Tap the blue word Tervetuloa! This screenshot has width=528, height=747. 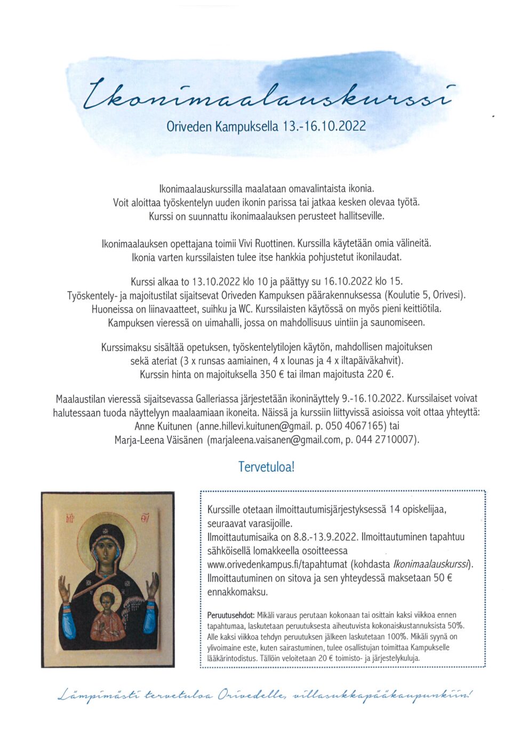pyautogui.click(x=266, y=467)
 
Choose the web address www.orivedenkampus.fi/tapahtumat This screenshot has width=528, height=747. pyautogui.click(x=277, y=564)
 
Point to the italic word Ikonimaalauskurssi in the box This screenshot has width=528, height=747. pyautogui.click(x=431, y=564)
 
